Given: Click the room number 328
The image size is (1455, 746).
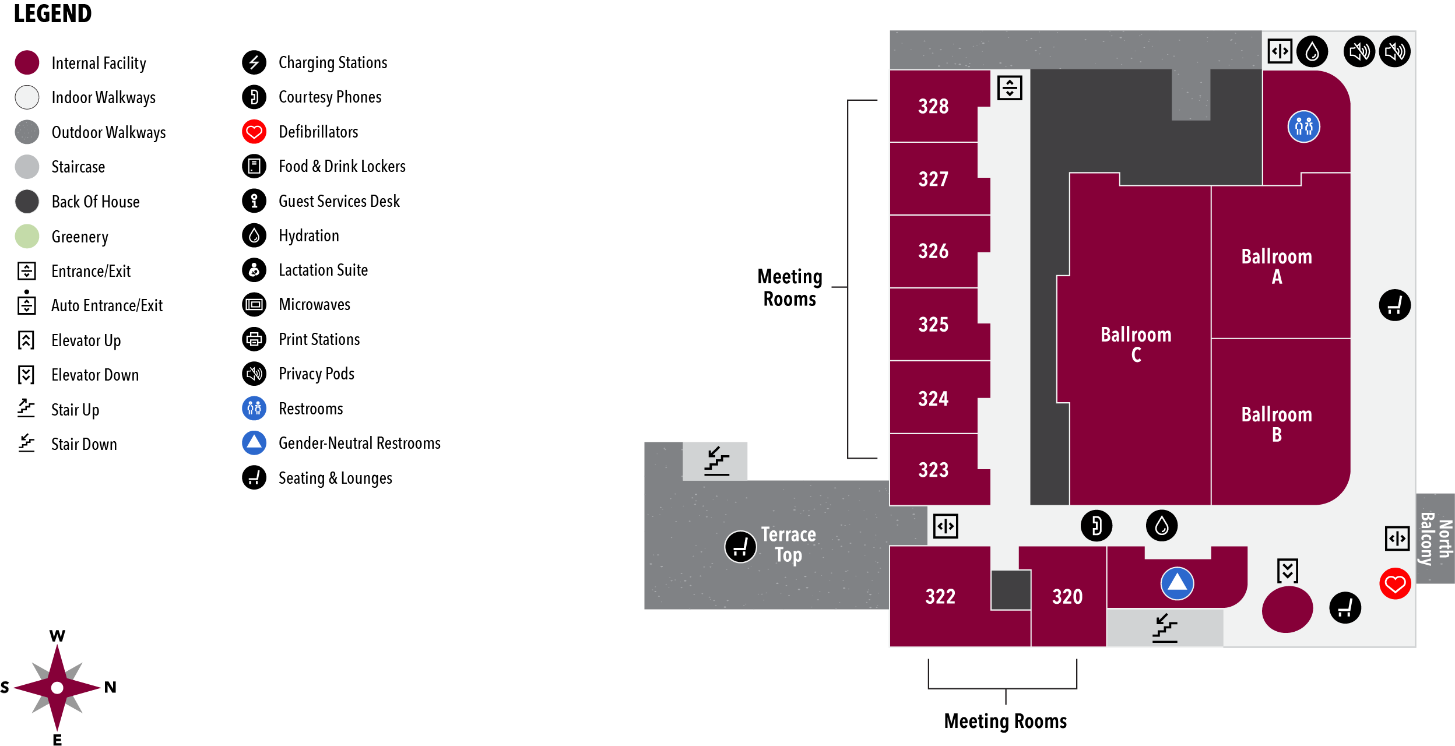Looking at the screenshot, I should tap(933, 107).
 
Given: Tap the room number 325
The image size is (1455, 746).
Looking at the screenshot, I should tap(933, 325).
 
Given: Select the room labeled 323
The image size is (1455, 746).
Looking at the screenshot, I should tap(933, 470).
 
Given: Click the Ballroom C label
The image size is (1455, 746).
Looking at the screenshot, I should tap(1136, 344).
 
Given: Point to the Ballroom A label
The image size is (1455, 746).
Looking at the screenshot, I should tap(1276, 266).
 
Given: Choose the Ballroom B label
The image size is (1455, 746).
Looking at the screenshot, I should tap(1276, 424).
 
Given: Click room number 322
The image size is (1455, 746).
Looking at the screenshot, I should tap(940, 597).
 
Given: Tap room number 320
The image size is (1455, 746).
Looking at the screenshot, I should tap(1067, 597).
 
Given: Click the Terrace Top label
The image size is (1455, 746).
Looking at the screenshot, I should tap(788, 544).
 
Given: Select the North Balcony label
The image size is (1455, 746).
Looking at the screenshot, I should tap(1435, 539).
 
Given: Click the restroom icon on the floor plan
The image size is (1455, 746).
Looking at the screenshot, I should tap(1303, 126).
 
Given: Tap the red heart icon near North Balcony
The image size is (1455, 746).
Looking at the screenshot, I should tap(1395, 583).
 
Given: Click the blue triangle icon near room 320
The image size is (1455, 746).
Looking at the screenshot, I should tap(1177, 583).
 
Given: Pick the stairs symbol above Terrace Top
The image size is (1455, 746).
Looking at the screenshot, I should tap(716, 461).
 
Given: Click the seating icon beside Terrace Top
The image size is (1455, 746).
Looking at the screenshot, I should tap(740, 547).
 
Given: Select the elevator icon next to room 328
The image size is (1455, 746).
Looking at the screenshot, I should tap(1010, 88).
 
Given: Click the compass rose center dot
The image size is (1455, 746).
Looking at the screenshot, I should tap(57, 688).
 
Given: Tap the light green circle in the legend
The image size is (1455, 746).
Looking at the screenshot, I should tap(27, 236).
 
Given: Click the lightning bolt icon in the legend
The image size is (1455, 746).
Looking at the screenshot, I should tap(254, 62).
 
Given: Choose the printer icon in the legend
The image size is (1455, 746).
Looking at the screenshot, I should tap(254, 339).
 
